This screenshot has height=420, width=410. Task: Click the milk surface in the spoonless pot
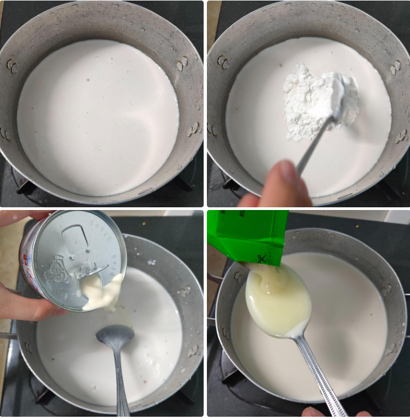point(97,119)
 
